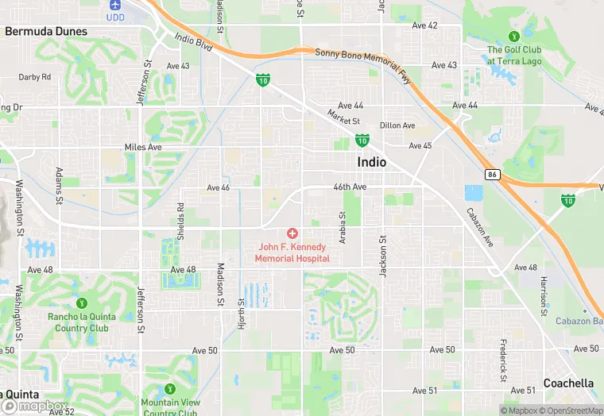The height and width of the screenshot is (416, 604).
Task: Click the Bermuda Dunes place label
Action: [x=46, y=32]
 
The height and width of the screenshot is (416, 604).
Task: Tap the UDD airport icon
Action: [x=116, y=5]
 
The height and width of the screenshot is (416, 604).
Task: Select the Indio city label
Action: [x=372, y=162]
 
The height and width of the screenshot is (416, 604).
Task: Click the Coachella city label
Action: [x=568, y=383]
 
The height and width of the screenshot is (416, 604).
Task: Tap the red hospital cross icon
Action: [x=292, y=233]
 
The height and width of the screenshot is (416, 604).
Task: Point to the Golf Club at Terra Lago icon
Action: [x=513, y=36]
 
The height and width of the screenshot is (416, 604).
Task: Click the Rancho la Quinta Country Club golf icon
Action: [x=81, y=303]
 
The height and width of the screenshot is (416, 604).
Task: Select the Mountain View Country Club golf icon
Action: [x=170, y=390]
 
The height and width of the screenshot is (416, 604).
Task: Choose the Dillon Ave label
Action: [x=397, y=125]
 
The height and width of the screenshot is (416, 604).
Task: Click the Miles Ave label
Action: [x=143, y=147]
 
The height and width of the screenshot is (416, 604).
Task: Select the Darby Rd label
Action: [x=35, y=77]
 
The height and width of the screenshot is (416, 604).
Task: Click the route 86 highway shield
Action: [x=492, y=174]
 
